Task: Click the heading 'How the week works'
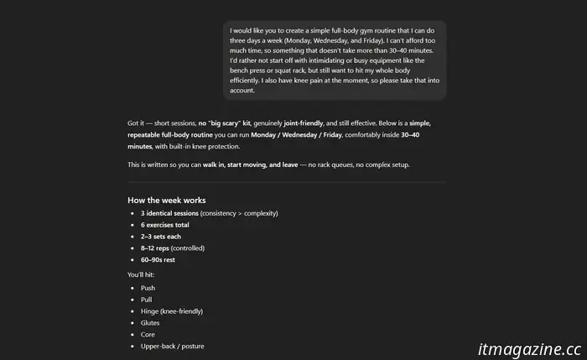pyautogui.click(x=166, y=201)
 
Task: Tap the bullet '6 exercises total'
pyautogui.click(x=165, y=225)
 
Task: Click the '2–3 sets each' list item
pyautogui.click(x=160, y=237)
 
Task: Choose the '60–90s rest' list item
pyautogui.click(x=158, y=260)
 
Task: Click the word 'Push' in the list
pyautogui.click(x=148, y=288)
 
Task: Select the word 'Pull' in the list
pyautogui.click(x=147, y=300)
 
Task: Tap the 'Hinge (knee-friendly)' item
pyautogui.click(x=172, y=311)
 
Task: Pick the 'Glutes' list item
pyautogui.click(x=150, y=323)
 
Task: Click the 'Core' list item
pyautogui.click(x=148, y=335)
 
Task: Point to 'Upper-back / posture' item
pyautogui.click(x=172, y=347)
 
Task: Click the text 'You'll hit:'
pyautogui.click(x=142, y=274)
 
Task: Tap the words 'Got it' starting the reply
pyautogui.click(x=137, y=123)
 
